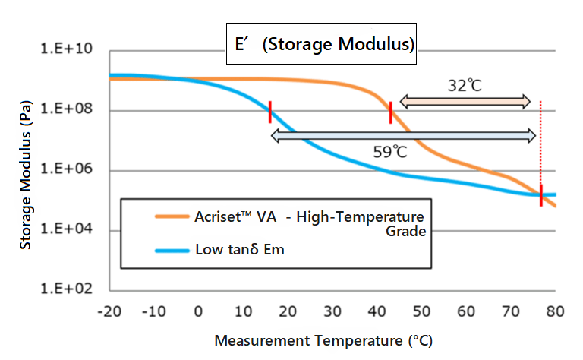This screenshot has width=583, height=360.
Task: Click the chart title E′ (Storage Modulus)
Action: pos(325,44)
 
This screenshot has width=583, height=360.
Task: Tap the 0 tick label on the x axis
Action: pos(198,311)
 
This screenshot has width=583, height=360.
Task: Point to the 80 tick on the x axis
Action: pos(555,311)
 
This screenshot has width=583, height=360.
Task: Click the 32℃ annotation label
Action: pos(465,85)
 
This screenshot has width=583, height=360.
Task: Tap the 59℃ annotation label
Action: pos(390,151)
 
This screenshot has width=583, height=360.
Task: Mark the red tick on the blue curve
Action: pos(269,111)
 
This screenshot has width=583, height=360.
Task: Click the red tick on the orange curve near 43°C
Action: pos(390,112)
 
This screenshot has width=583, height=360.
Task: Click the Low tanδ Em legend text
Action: pos(239,249)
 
